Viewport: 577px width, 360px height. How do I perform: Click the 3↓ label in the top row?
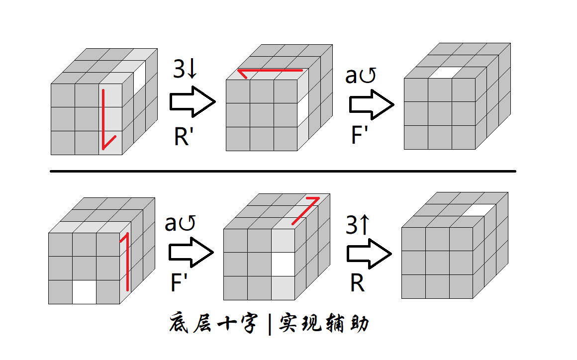[x=186, y=70]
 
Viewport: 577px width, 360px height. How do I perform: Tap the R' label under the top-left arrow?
[x=183, y=136]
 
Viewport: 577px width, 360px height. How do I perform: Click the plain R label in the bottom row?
[x=357, y=283]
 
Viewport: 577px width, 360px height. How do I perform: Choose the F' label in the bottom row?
[x=179, y=283]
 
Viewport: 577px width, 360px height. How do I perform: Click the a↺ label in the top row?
[x=361, y=76]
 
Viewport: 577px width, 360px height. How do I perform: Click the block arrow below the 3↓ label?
[x=192, y=102]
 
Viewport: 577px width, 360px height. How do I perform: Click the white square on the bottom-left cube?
[x=84, y=292]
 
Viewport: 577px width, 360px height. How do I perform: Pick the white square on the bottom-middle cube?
[x=283, y=264]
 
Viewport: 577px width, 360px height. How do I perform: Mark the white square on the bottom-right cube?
[x=480, y=210]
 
